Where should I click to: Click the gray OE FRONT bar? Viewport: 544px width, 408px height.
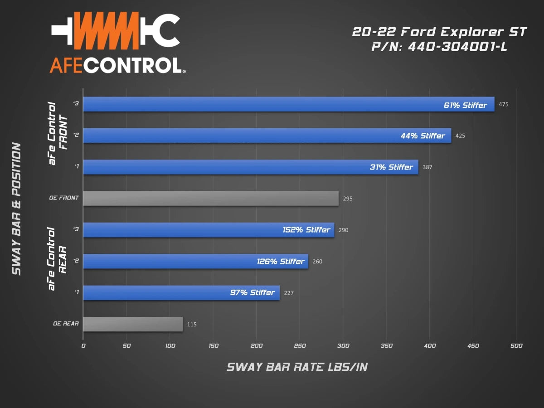click(211, 199)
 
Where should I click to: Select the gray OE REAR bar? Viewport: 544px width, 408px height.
click(133, 324)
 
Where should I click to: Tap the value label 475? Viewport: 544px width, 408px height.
click(504, 105)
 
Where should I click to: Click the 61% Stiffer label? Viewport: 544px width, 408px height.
click(465, 105)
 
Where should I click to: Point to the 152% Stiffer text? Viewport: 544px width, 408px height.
click(306, 230)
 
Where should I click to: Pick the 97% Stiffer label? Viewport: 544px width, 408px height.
click(252, 292)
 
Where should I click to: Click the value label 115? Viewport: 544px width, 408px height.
click(192, 325)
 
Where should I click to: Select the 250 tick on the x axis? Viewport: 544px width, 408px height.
click(300, 346)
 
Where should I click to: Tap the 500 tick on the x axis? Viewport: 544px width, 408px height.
click(516, 346)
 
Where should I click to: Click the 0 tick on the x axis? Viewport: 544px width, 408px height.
click(83, 346)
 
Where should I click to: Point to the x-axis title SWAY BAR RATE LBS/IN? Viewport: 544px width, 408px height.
click(297, 367)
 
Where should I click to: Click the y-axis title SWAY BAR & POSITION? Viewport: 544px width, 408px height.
click(16, 209)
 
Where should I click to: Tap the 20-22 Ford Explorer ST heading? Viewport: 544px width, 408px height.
click(440, 32)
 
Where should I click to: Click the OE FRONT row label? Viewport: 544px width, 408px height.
click(64, 198)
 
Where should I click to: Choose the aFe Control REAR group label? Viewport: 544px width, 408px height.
click(57, 258)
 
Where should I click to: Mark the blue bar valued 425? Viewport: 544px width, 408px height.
click(267, 136)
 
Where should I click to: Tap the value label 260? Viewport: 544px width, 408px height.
click(317, 262)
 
